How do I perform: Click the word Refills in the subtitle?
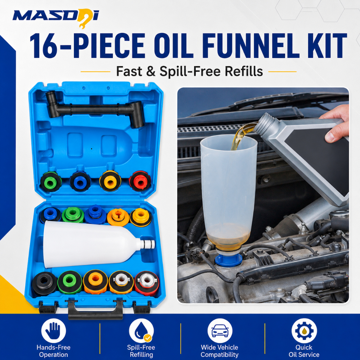[x=244, y=71]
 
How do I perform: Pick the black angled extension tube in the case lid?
[x=95, y=109]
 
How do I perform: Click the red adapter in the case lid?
[x=140, y=181]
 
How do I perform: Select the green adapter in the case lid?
[x=51, y=182]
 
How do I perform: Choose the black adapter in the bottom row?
[x=44, y=283]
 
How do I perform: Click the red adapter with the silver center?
[x=147, y=283]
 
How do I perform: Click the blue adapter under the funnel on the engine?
[x=229, y=260]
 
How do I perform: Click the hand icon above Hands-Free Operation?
[x=53, y=330]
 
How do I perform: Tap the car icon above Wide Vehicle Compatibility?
[x=220, y=330]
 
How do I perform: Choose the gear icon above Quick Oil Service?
[x=304, y=330]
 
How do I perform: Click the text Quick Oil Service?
[x=304, y=351]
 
